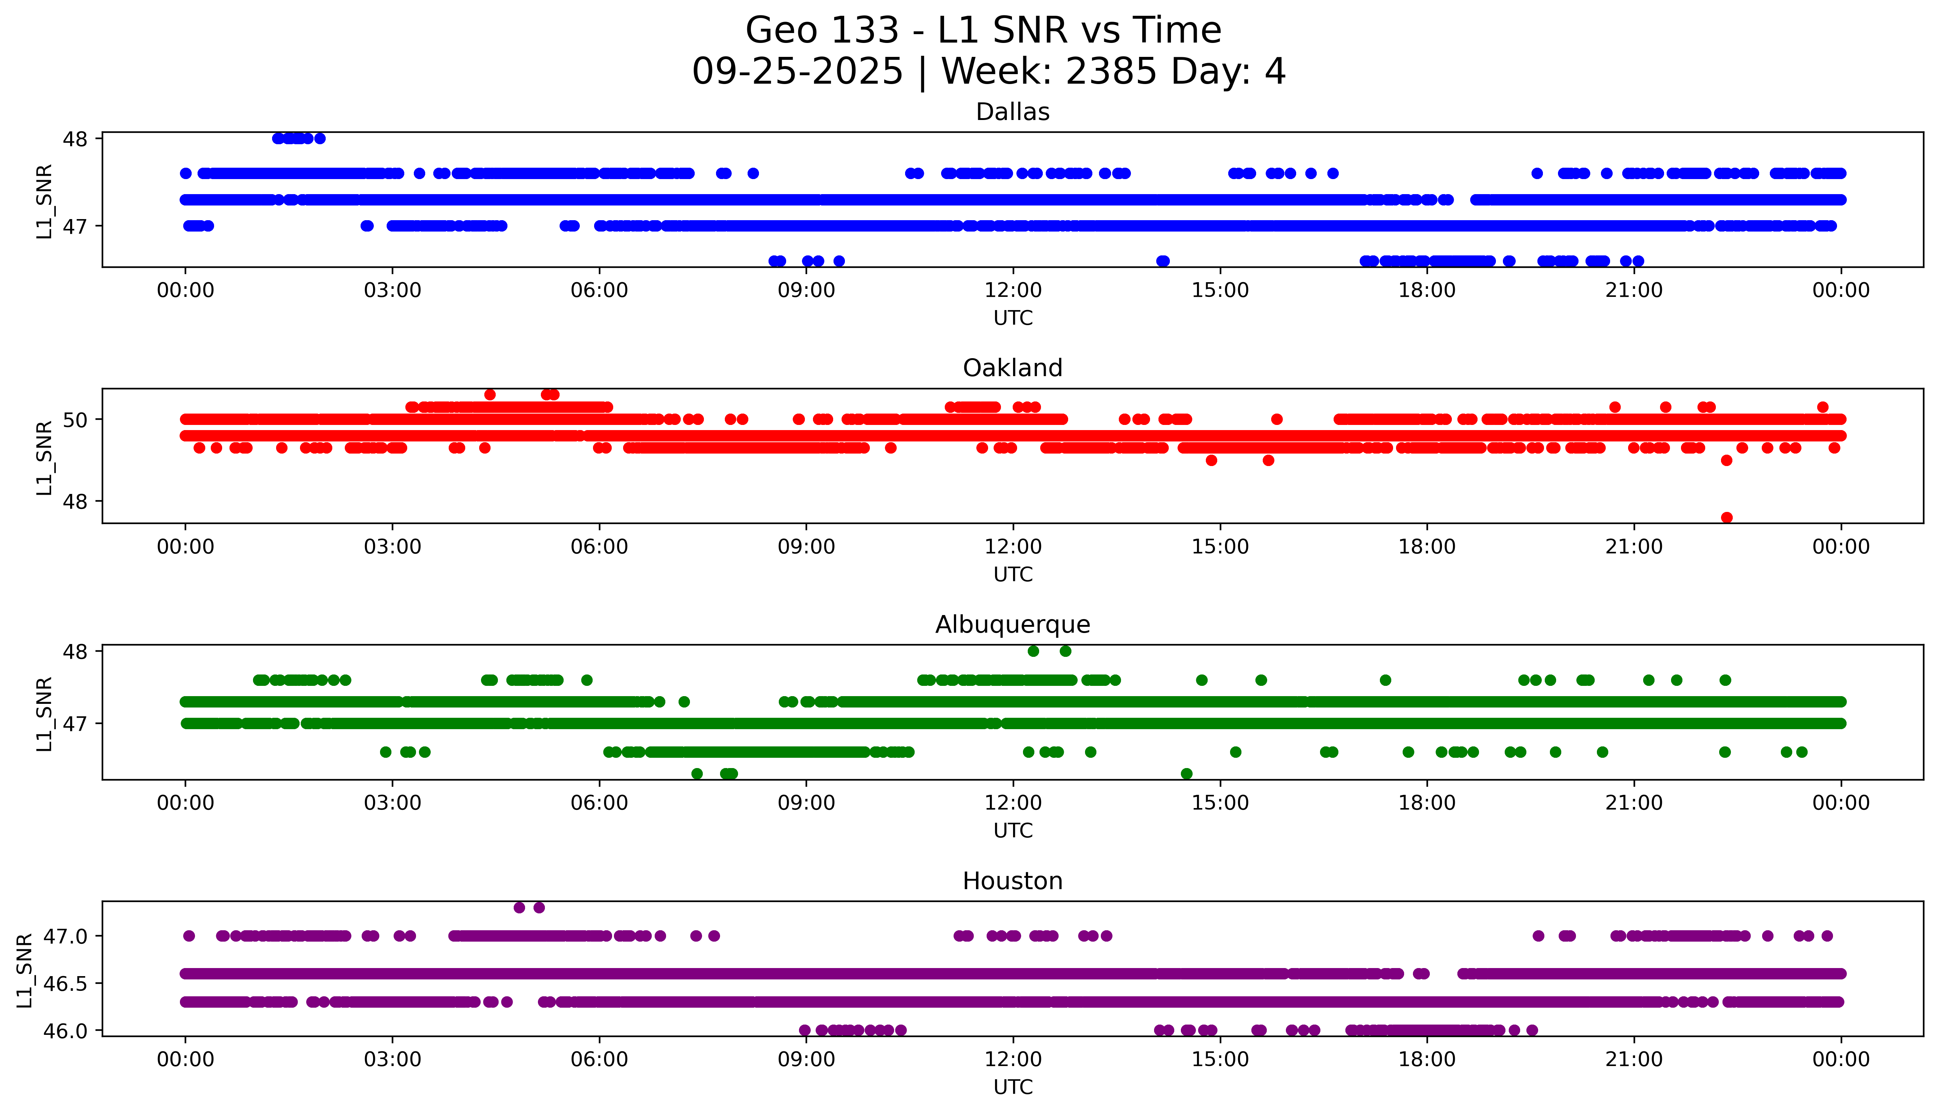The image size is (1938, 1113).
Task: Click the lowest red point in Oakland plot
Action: pos(1726,517)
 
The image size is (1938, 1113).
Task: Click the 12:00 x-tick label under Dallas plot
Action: pos(1013,291)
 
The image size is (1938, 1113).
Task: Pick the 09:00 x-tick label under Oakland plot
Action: pos(806,548)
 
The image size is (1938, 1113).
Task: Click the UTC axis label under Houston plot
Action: pos(1013,1087)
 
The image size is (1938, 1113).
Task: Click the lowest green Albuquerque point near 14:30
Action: pos(1186,774)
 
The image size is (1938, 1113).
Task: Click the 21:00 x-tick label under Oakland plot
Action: pos(1634,548)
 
